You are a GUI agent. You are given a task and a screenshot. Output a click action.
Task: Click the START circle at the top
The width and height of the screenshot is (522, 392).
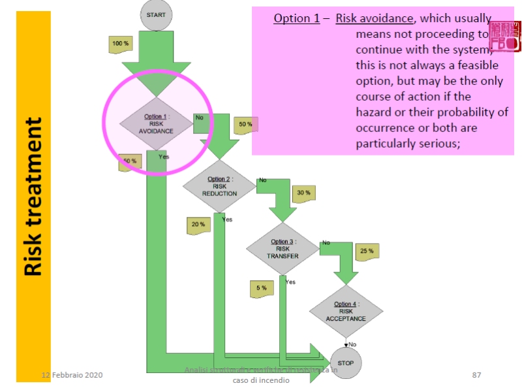click(157, 14)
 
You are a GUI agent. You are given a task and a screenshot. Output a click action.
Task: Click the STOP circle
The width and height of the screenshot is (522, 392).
click(346, 361)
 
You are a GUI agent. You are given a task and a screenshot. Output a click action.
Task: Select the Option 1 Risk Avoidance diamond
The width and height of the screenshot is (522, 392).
click(157, 123)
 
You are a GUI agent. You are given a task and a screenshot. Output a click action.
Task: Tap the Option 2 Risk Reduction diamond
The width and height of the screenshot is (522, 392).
click(219, 186)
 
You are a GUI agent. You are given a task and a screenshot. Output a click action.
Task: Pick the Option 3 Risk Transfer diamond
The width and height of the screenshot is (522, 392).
click(283, 249)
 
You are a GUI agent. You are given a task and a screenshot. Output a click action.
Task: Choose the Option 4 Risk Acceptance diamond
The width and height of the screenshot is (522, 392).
click(346, 312)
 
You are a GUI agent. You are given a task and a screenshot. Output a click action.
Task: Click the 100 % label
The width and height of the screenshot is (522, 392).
click(121, 43)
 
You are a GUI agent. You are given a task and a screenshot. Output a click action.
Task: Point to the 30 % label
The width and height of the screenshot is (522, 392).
click(303, 193)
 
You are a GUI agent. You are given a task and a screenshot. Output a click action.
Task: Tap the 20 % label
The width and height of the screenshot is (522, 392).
click(198, 224)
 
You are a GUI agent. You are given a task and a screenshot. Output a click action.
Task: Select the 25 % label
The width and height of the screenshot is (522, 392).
click(367, 250)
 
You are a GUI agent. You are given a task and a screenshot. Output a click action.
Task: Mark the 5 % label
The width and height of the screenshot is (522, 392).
click(261, 287)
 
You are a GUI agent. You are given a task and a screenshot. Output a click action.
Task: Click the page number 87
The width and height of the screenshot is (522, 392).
click(476, 374)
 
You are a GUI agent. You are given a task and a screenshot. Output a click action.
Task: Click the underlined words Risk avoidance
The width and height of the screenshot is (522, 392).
click(375, 18)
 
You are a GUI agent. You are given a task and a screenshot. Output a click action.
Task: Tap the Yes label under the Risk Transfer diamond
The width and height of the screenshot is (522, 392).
click(290, 282)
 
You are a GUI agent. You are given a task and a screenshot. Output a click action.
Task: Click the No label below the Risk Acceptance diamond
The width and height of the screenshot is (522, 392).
click(352, 344)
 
